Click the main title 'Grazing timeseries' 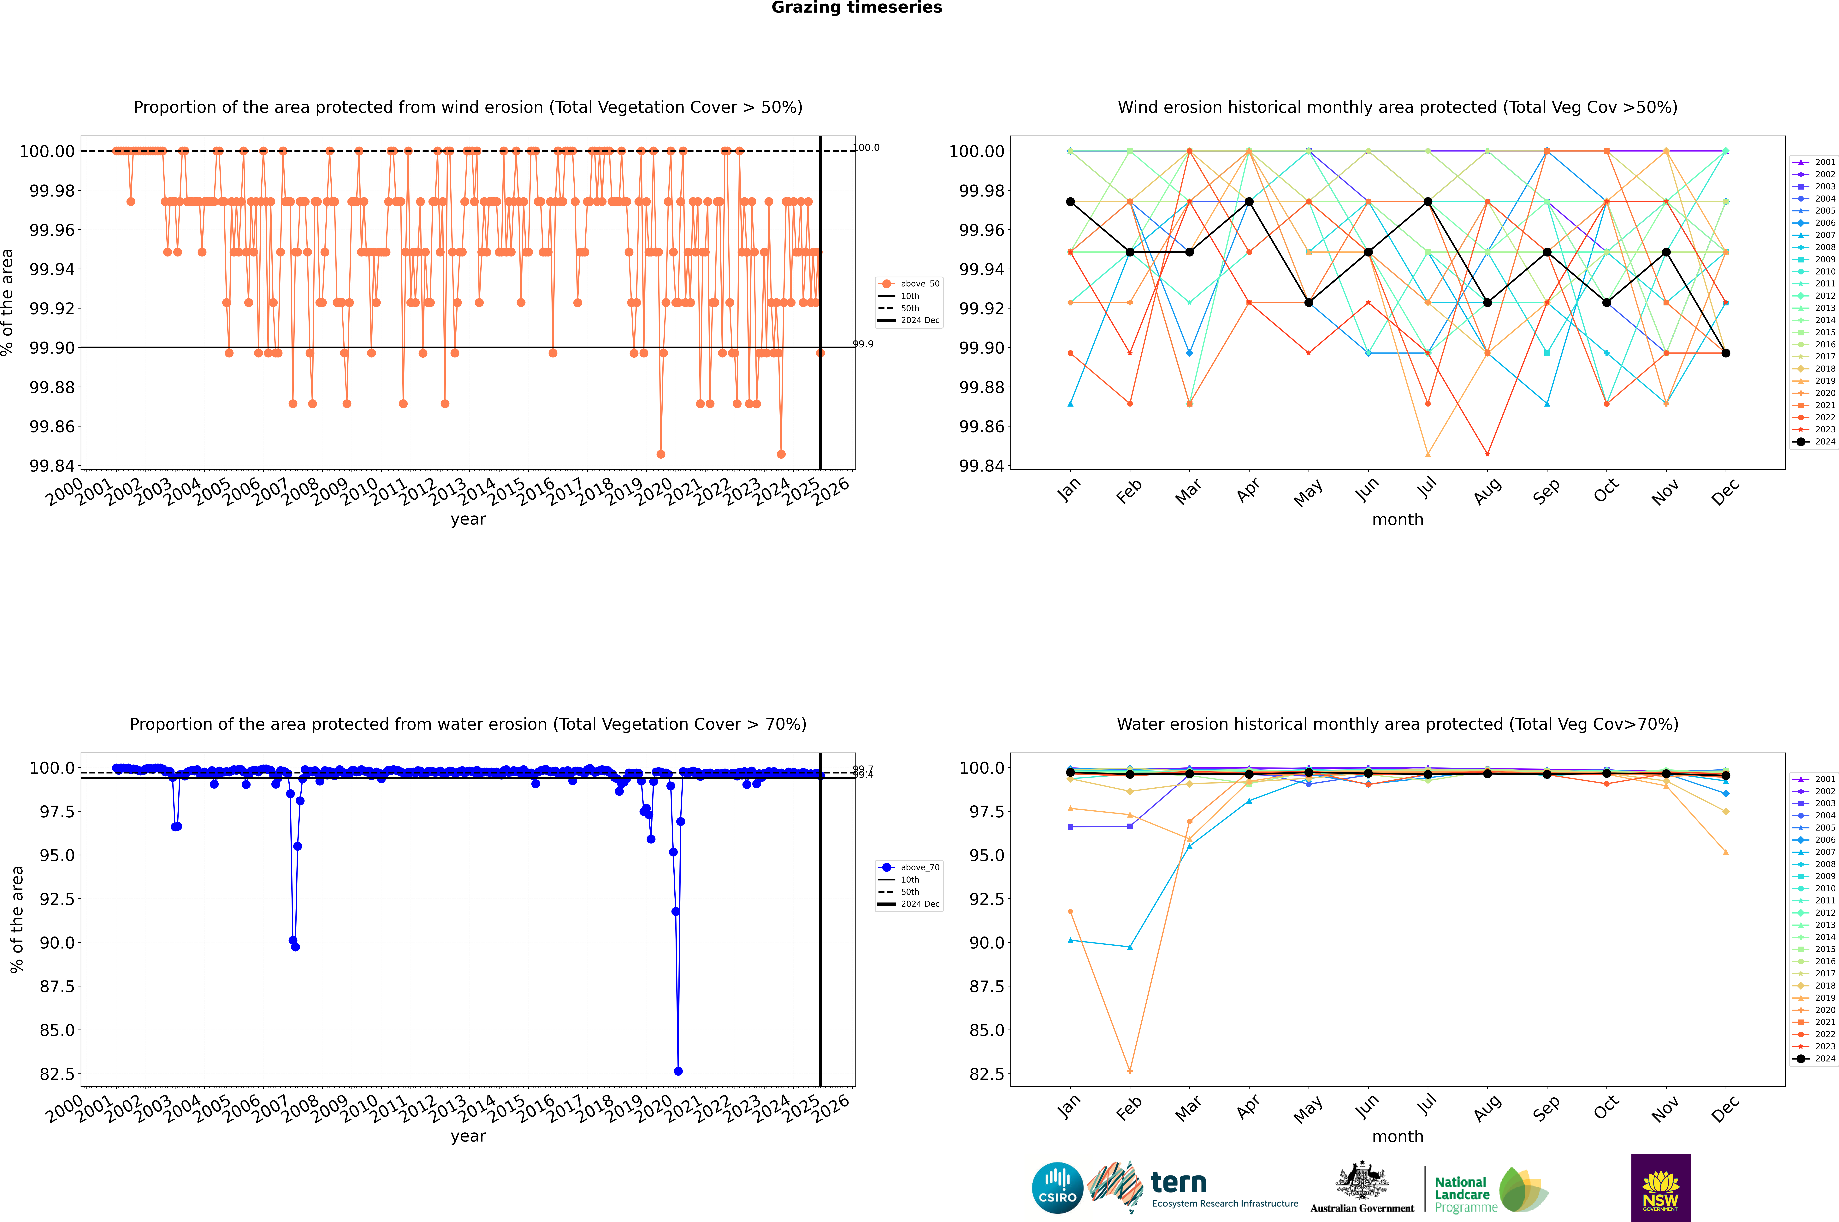[857, 8]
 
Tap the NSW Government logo [1660, 1188]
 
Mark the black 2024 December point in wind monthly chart [1726, 353]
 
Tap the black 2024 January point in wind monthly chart [1070, 202]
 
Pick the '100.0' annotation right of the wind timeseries [867, 147]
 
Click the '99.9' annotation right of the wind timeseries [863, 344]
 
